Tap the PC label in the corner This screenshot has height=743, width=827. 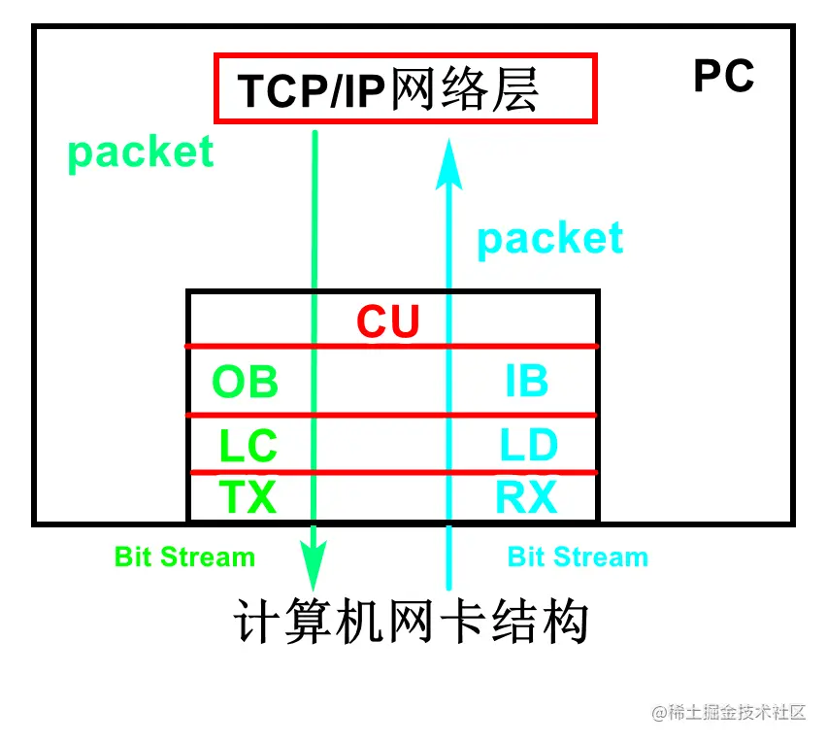[723, 77]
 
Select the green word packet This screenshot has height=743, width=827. [141, 152]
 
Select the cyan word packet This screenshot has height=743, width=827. [549, 238]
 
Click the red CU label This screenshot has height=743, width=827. [387, 322]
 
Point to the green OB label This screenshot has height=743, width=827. [246, 382]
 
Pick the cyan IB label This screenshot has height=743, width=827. [527, 382]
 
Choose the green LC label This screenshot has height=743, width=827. [248, 447]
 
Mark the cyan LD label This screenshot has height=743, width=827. [529, 446]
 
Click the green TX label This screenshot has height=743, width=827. [248, 497]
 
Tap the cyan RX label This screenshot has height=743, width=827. [527, 497]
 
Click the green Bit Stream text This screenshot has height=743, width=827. [184, 557]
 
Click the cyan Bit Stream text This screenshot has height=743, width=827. [578, 557]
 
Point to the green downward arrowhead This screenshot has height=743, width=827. [314, 567]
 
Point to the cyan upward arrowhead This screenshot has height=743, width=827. [448, 163]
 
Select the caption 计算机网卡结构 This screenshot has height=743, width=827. [412, 623]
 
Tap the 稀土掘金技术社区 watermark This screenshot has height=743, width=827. [729, 712]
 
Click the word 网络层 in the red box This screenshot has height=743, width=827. [464, 91]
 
